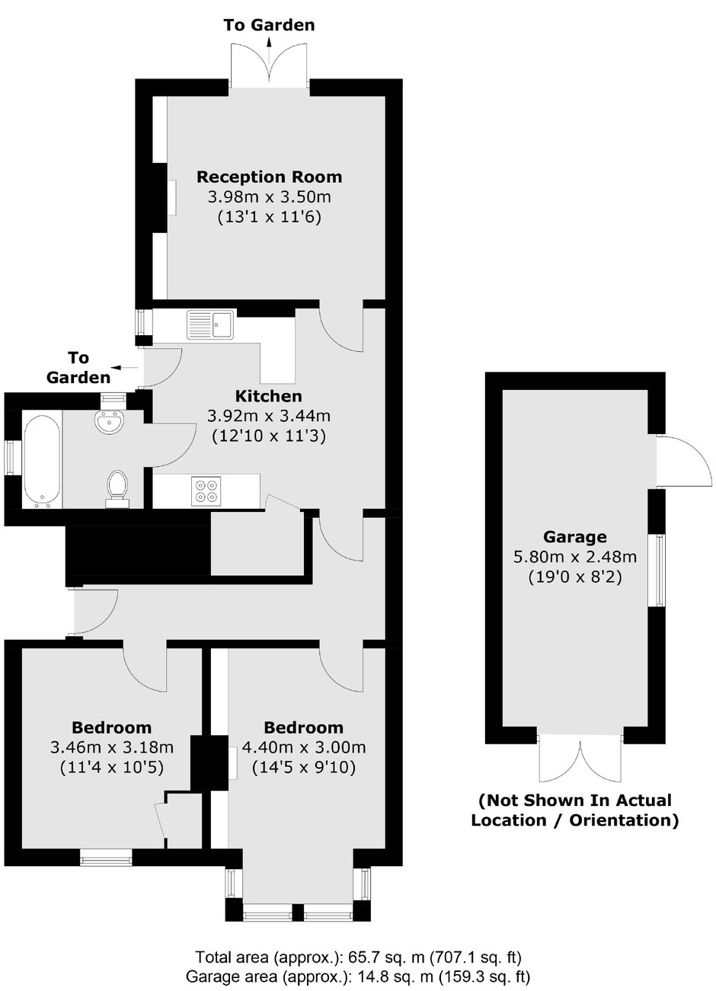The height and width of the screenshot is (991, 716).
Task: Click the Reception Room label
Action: click(269, 177)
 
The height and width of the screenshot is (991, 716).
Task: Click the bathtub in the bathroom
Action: click(37, 460)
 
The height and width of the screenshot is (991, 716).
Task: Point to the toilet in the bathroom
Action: click(117, 488)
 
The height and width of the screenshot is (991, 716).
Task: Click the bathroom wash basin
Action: click(111, 420)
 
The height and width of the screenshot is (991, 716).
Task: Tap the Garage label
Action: click(575, 535)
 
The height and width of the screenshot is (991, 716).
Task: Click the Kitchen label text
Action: click(268, 396)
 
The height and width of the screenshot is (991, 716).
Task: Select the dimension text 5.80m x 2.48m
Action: click(575, 557)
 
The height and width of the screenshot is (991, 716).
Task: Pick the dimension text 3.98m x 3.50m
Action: click(269, 197)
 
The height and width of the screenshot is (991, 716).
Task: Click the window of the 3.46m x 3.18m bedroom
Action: click(106, 858)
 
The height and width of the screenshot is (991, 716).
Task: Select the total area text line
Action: click(358, 957)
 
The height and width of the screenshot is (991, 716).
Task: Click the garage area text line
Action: click(358, 976)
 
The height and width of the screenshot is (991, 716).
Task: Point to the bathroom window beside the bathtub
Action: click(11, 459)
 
